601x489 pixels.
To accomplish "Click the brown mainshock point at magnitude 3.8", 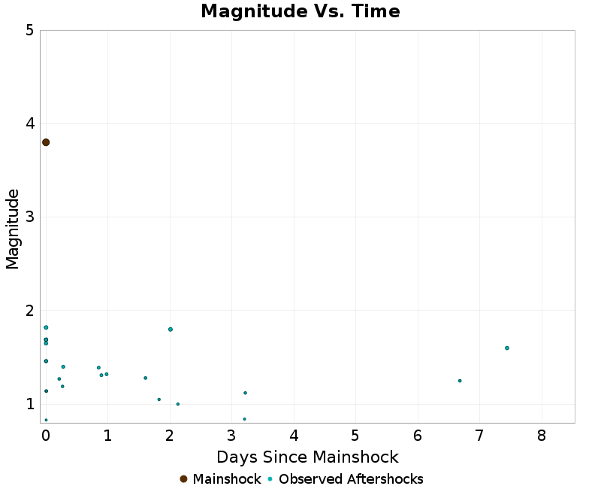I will pos(46,142).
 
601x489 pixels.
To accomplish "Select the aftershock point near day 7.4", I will pos(507,348).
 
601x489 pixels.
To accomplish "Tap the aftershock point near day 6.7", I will pos(460,381).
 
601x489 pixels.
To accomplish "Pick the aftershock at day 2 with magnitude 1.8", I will pos(171,330).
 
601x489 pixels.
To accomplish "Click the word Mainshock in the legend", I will pos(227,479).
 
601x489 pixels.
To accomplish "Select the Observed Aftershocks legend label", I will pos(351,479).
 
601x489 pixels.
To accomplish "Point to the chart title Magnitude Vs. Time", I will pos(300,11).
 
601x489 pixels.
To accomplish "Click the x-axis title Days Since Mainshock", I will pos(307,457).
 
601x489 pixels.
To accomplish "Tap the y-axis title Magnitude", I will pos(13,229).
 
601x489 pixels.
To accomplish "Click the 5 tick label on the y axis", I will pos(29,30).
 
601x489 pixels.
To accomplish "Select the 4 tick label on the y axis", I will pos(29,123).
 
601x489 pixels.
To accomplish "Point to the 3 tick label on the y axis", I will pos(29,217).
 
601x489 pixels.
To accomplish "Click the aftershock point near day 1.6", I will pos(145,378).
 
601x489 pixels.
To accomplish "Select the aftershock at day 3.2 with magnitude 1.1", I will pos(245,393).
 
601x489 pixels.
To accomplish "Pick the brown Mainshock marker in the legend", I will pos(183,479).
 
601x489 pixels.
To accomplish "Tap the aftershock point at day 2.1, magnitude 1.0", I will pos(177,404).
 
